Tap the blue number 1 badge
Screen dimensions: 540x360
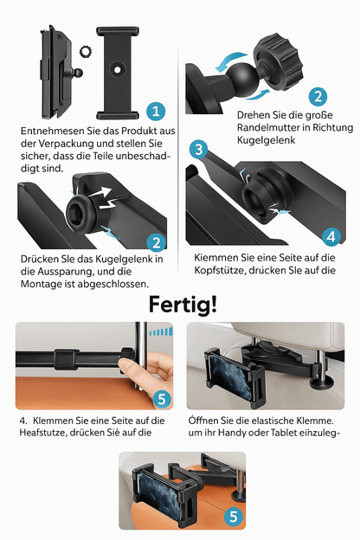[156, 111]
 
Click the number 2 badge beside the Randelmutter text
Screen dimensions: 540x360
[318, 97]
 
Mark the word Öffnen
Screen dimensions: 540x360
[205, 420]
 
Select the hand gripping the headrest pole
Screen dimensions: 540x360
[140, 374]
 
